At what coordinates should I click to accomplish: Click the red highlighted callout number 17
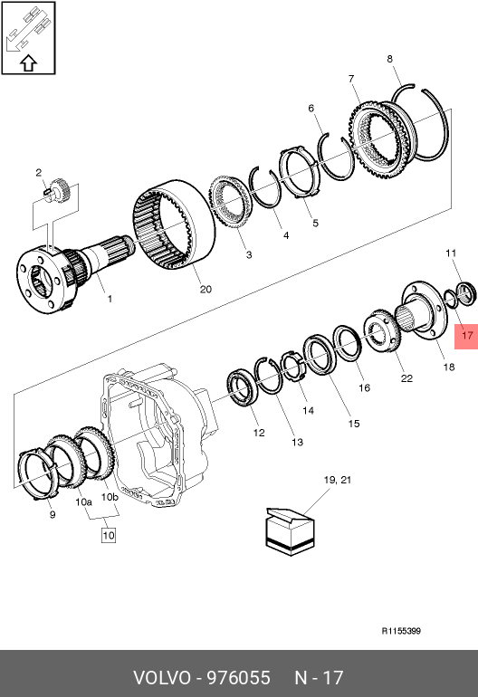tap(467, 335)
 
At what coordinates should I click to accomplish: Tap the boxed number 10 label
tap(109, 535)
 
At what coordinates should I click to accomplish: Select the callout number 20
tap(206, 290)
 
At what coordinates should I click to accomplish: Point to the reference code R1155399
tap(401, 631)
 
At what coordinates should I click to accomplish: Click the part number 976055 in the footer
tap(239, 678)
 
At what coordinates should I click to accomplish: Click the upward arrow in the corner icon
tap(28, 63)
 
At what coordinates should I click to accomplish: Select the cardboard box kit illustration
tap(290, 531)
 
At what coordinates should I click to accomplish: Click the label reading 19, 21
tap(338, 480)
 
